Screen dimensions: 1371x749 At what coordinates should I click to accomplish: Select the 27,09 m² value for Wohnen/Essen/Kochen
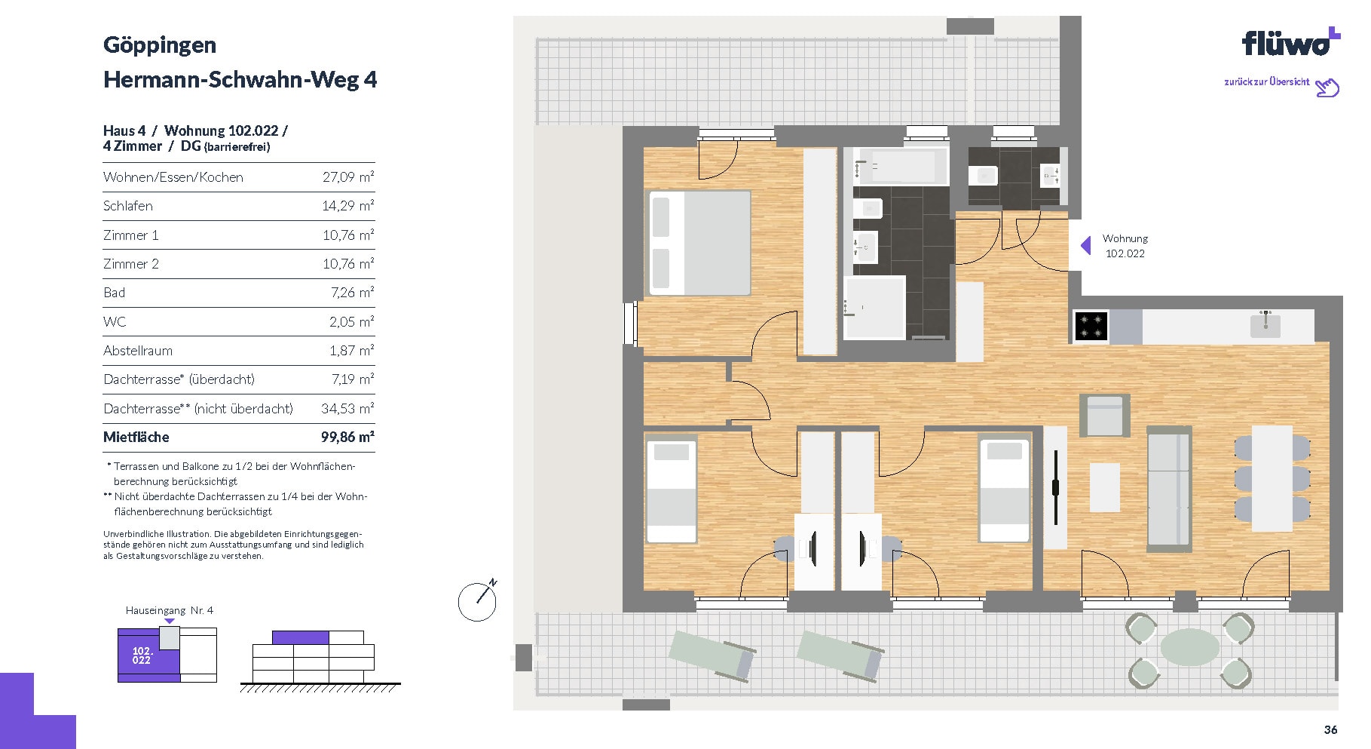(x=348, y=177)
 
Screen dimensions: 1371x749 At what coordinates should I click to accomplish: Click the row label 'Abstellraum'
(x=138, y=351)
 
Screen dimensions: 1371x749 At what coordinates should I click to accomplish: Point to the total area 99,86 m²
(x=347, y=437)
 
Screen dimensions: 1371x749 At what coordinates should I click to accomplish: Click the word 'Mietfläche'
(x=136, y=437)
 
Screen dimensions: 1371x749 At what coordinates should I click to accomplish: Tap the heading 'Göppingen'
(x=160, y=45)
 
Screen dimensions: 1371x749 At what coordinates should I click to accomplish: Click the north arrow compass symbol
(x=478, y=600)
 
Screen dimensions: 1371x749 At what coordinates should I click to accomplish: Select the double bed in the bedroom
(x=700, y=242)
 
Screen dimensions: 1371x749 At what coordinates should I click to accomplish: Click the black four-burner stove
(x=1091, y=326)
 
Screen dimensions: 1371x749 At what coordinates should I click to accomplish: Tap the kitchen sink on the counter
(x=1265, y=324)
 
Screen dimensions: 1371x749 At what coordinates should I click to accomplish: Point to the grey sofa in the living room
(x=1169, y=488)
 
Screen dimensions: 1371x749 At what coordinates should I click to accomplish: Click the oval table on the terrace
(x=1189, y=647)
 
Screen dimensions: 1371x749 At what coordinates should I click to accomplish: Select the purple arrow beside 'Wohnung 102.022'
(x=1086, y=245)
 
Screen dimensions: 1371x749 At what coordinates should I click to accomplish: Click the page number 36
(x=1331, y=729)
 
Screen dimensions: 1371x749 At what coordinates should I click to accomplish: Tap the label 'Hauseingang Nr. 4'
(x=170, y=610)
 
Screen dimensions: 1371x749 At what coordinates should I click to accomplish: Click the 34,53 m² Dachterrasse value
(x=347, y=409)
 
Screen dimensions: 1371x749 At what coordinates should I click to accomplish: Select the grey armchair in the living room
(x=1105, y=415)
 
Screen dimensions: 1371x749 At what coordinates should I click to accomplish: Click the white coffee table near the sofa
(x=1105, y=487)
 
